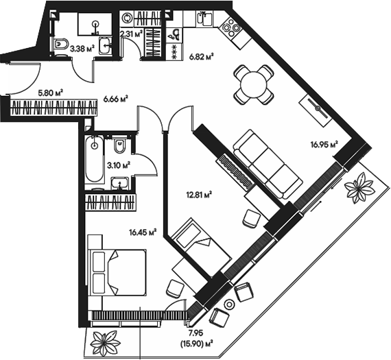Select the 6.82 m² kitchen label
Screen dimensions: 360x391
click(201, 58)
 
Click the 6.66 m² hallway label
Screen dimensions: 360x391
click(116, 99)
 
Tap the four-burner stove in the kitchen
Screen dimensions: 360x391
click(228, 31)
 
